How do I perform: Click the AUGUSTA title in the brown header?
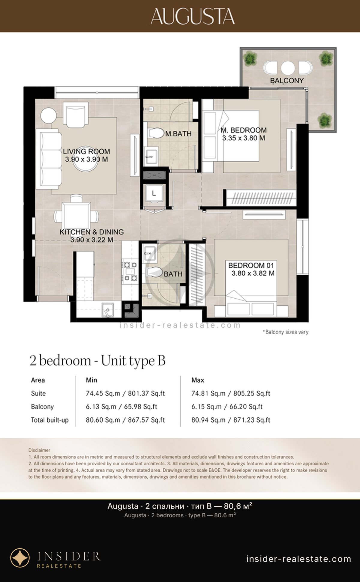[x=193, y=16]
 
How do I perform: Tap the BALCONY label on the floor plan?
[x=287, y=80]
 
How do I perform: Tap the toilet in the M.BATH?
[x=155, y=133]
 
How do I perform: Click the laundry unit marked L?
[x=154, y=194]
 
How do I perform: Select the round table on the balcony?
[x=288, y=68]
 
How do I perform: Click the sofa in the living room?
[x=49, y=159]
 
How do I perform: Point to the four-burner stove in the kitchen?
[x=130, y=272]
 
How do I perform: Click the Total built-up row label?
[x=50, y=420]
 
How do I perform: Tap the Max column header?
[x=198, y=380]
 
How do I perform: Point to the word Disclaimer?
[x=39, y=450]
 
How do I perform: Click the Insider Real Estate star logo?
[x=20, y=558]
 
